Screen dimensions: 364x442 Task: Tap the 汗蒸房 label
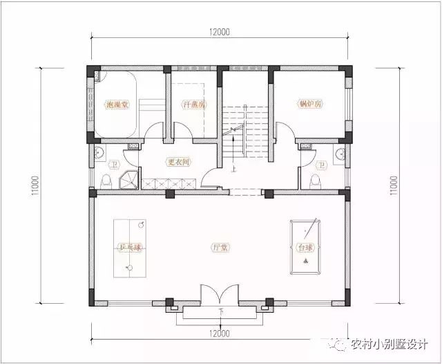(191, 105)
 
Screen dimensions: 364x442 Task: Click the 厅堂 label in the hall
(220, 247)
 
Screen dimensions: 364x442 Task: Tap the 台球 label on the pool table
(305, 247)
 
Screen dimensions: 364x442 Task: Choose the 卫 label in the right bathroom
(320, 165)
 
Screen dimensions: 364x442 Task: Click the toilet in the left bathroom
(106, 181)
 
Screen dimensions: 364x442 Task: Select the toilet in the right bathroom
(315, 181)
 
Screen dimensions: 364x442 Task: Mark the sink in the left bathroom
(99, 154)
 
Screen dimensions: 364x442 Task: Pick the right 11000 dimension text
(394, 185)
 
